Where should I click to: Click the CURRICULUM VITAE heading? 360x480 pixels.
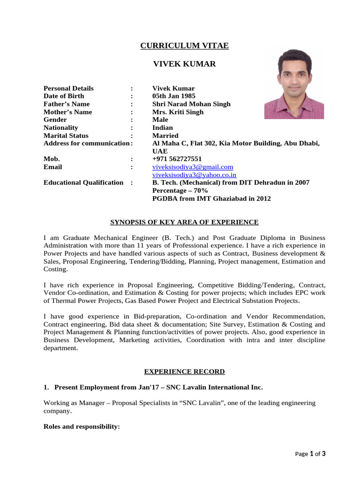(185, 45)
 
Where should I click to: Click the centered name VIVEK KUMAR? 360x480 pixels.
(185, 64)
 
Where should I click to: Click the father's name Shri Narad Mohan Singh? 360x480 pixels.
(191, 104)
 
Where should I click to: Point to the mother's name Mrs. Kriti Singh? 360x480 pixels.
(178, 112)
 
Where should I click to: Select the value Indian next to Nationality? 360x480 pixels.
(163, 127)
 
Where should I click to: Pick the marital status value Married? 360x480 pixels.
(165, 135)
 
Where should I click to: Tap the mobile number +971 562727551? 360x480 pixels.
(177, 159)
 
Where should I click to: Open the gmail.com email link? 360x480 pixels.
(193, 167)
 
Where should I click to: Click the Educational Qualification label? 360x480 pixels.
(83, 182)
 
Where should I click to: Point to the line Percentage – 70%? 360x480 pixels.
(180, 190)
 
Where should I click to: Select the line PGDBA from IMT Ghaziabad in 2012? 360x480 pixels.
(211, 198)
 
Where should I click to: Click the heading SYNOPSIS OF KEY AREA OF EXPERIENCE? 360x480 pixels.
(184, 222)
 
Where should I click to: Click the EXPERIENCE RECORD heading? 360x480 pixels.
(184, 372)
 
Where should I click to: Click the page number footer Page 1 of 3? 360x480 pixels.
(310, 454)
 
